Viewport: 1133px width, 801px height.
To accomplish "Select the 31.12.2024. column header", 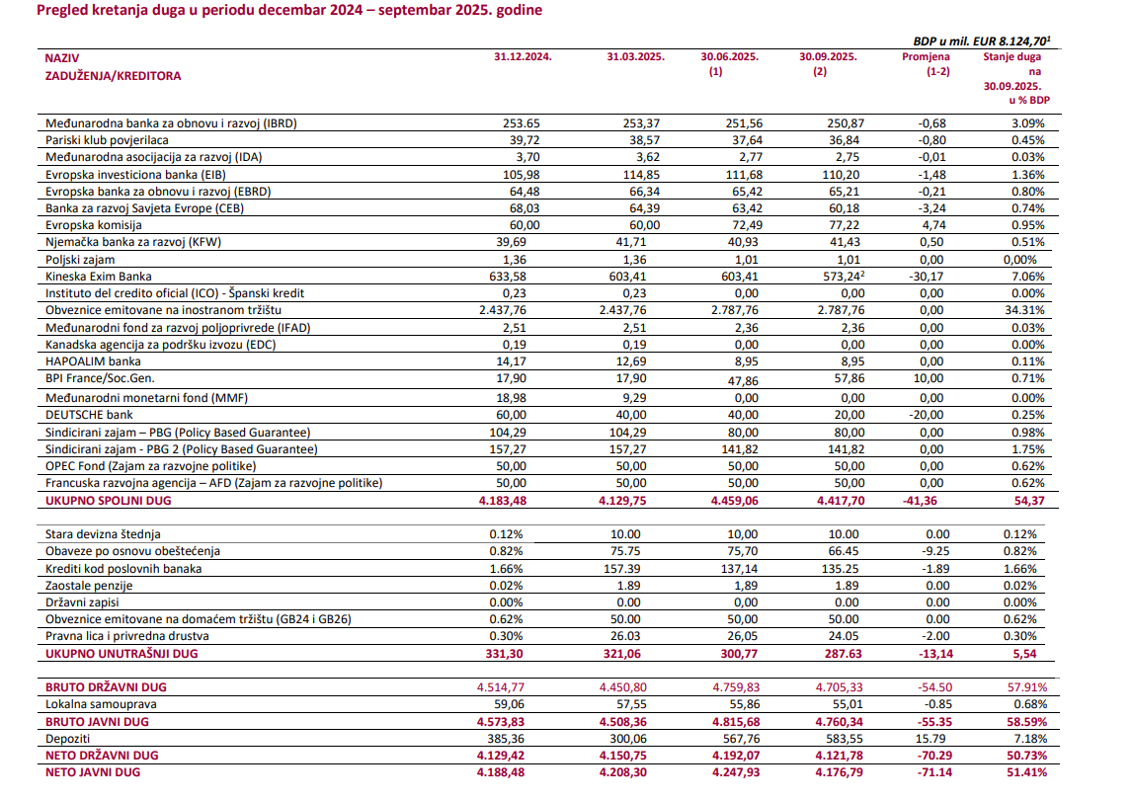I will click(523, 57).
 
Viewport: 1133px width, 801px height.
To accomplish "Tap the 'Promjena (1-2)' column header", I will click(925, 64).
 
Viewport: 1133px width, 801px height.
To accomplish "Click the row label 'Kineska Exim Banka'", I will click(99, 276).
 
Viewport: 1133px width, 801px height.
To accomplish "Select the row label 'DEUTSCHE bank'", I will click(90, 415).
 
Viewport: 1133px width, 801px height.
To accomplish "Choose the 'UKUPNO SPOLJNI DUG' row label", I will click(108, 501).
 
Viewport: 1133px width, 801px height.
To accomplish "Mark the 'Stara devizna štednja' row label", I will click(103, 533).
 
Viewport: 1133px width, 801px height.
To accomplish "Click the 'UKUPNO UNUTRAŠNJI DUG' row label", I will click(121, 654).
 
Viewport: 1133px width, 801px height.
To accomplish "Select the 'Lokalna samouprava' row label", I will click(100, 704).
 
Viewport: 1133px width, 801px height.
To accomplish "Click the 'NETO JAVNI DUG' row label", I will click(92, 772).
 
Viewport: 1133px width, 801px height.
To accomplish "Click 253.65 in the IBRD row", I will click(522, 122).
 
